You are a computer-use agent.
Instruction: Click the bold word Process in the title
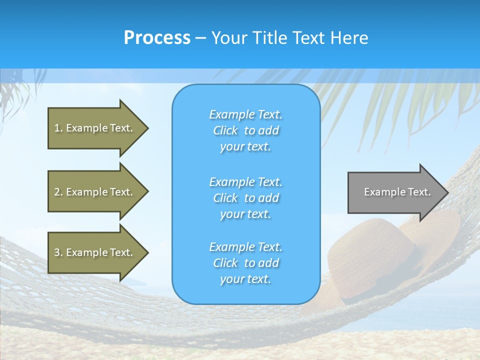(157, 38)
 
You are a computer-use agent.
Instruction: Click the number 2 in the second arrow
(57, 192)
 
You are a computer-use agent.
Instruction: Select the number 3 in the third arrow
(57, 252)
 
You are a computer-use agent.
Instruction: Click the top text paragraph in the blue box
(245, 130)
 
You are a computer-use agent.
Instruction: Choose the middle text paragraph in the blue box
(245, 198)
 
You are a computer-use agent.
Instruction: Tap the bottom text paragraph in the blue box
(245, 263)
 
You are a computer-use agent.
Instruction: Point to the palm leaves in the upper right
(410, 100)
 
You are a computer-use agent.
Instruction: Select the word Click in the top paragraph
(225, 131)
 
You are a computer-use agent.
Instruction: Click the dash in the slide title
(200, 38)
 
